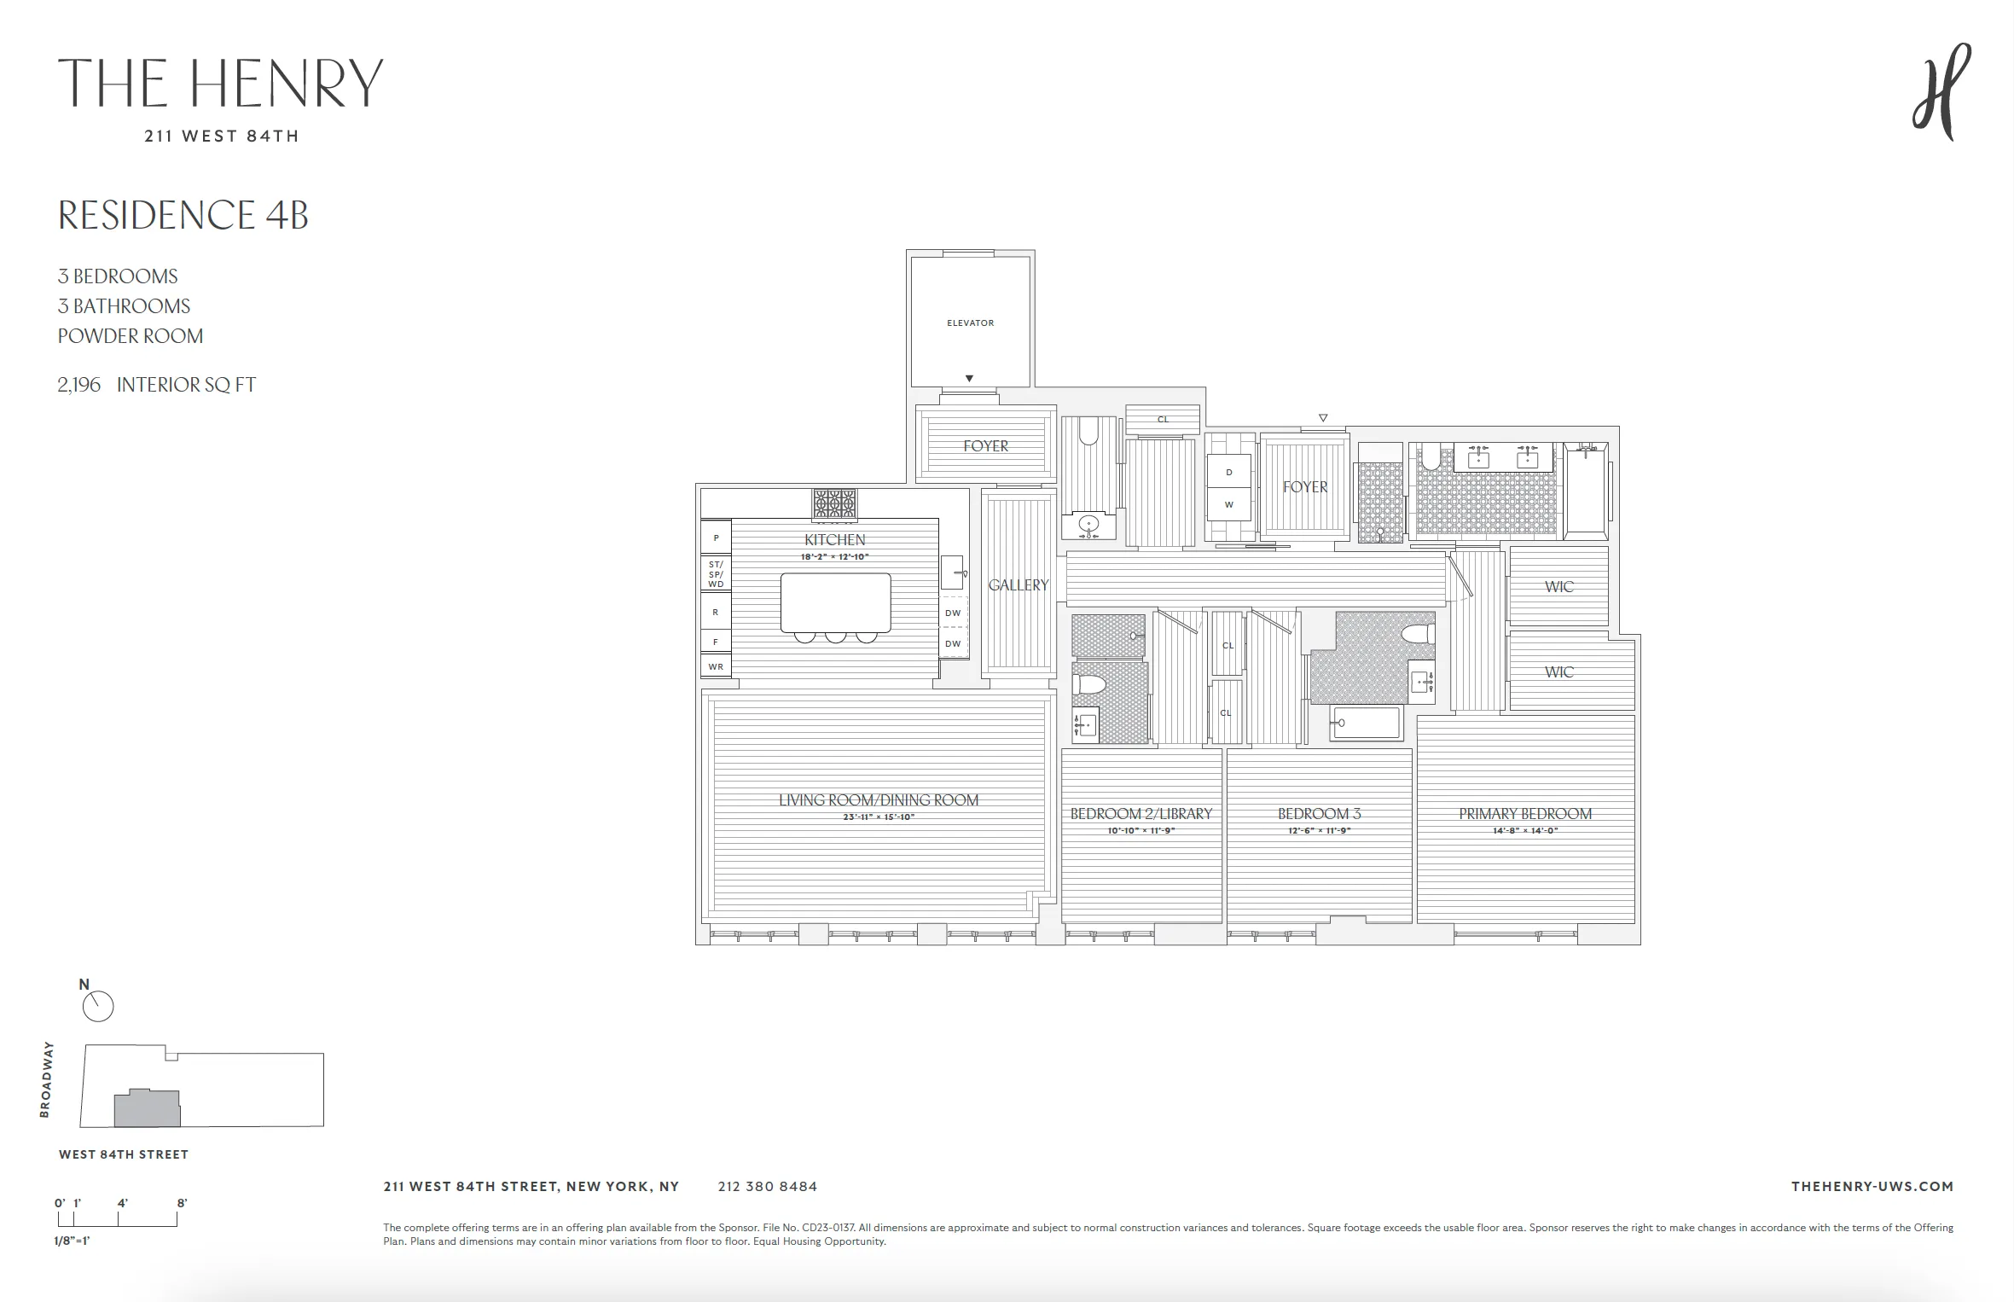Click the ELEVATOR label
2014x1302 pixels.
(x=970, y=323)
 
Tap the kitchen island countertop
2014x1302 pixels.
(x=835, y=602)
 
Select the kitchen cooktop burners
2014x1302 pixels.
(x=834, y=503)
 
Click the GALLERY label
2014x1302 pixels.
(x=1018, y=585)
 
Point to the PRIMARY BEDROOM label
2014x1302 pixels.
(x=1524, y=814)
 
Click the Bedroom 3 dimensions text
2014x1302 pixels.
(x=1319, y=831)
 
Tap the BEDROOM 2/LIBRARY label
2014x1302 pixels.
(x=1140, y=814)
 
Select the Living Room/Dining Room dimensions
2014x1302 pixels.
(x=878, y=817)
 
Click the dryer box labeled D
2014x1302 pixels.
(x=1228, y=472)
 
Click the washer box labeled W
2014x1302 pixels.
(x=1228, y=504)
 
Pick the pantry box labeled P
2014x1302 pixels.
(x=716, y=538)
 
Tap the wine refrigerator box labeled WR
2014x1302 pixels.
(x=716, y=667)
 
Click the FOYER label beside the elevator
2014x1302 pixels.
(x=985, y=446)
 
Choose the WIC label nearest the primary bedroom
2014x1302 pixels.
(x=1558, y=672)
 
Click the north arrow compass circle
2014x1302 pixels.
(x=98, y=1007)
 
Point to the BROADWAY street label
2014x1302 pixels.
(x=46, y=1079)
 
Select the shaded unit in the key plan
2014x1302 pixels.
(x=147, y=1109)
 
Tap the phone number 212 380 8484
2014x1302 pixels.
(x=767, y=1187)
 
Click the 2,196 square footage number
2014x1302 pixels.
(x=78, y=385)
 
